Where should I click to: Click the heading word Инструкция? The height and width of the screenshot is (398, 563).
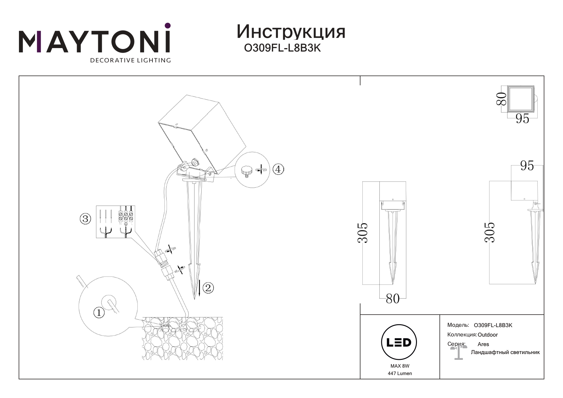coord(291,32)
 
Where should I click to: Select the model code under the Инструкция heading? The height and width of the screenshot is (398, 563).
coord(282,48)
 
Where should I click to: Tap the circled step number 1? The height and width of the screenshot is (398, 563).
coord(99,312)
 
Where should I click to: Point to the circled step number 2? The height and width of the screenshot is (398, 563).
coord(208,288)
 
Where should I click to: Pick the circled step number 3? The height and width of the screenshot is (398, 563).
coord(85,219)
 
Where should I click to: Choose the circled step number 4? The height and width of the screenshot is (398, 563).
coord(278,169)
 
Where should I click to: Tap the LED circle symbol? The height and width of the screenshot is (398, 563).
coord(398,343)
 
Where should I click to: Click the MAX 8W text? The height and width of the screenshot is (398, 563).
coord(400,366)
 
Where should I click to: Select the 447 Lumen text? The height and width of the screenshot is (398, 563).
coord(400,373)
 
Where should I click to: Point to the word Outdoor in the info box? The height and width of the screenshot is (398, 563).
coord(488,335)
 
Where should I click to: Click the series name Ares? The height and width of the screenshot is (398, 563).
coord(483,344)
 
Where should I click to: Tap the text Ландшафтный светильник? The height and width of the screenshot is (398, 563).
coord(505,352)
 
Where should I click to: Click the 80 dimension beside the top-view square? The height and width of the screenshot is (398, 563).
coord(501,98)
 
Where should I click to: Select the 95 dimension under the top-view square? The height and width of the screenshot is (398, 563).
coord(522,119)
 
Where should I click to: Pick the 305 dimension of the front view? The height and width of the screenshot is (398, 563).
coord(363,233)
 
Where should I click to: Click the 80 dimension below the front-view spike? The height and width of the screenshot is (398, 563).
coord(393,299)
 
